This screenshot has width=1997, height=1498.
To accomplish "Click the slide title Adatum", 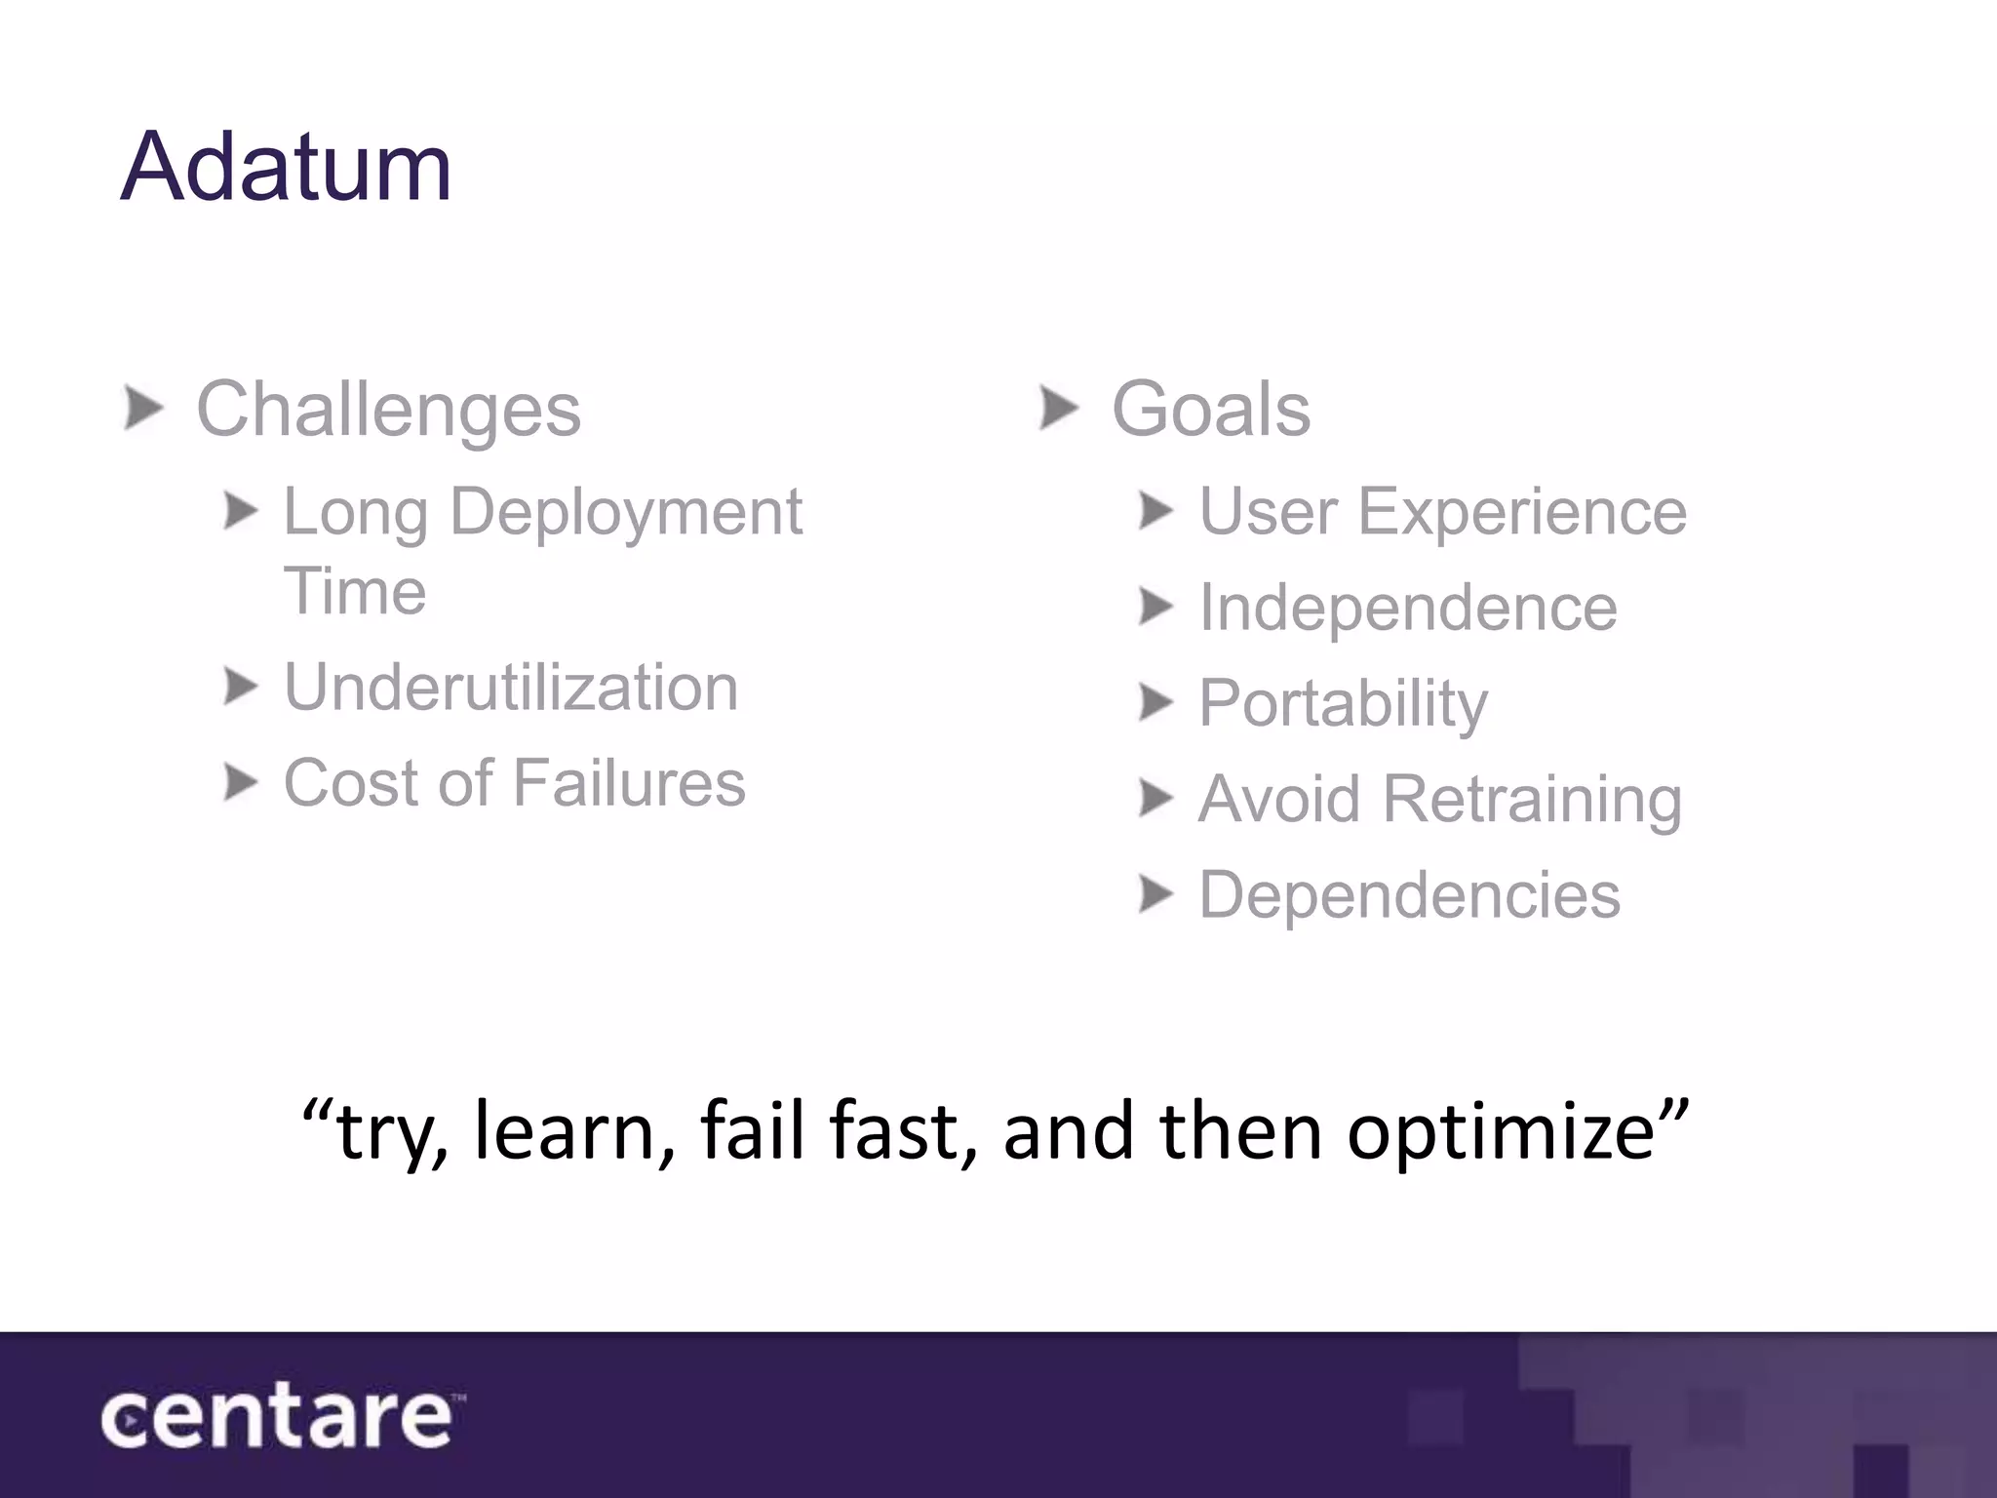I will click(286, 168).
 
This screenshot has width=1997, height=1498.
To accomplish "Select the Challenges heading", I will click(388, 410).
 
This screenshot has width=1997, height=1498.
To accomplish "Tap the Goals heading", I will click(1210, 410).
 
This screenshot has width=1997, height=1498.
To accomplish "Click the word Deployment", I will click(625, 513).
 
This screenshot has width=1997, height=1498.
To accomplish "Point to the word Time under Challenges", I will click(355, 591).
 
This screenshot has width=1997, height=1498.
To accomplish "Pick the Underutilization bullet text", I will click(511, 688).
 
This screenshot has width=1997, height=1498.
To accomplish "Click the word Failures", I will click(629, 783).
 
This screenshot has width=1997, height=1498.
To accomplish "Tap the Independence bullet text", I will click(1407, 608).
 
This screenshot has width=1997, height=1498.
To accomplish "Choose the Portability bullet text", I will click(1343, 703).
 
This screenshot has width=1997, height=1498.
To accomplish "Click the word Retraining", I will click(1532, 799).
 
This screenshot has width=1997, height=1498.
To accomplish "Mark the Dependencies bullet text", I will click(1409, 894).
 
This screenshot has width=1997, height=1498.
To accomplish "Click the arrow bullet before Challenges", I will click(143, 408).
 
